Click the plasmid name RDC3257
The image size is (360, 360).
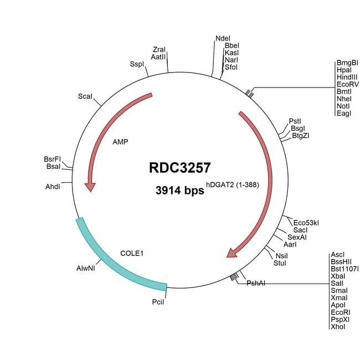click(x=180, y=168)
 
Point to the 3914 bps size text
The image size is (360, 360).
click(x=180, y=191)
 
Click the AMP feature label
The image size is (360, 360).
click(x=120, y=142)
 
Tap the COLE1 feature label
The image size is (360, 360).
click(x=132, y=253)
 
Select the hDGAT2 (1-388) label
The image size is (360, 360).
click(x=233, y=184)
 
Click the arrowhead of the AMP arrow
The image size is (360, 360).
click(x=90, y=187)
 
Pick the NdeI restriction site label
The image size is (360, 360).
click(x=223, y=38)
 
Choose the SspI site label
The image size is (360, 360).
click(x=137, y=64)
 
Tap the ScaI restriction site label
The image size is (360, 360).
click(x=85, y=96)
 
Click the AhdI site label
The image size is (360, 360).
click(x=53, y=187)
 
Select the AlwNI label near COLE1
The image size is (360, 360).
click(x=86, y=268)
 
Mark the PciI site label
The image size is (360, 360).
click(x=158, y=302)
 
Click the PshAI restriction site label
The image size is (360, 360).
click(x=256, y=283)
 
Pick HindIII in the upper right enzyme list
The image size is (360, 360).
click(x=347, y=77)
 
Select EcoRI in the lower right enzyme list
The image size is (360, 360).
click(x=341, y=312)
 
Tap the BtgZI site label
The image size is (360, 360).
click(x=301, y=136)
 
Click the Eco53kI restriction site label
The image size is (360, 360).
click(x=306, y=223)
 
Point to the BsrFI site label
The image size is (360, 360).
click(x=53, y=159)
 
